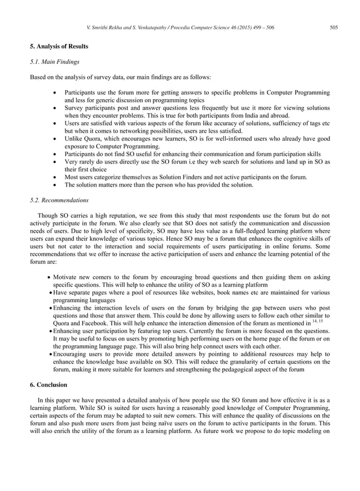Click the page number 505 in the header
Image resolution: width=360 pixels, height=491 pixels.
tap(333, 28)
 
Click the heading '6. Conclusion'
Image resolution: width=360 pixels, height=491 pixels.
tap(49, 384)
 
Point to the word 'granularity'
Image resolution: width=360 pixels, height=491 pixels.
tap(238, 361)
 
